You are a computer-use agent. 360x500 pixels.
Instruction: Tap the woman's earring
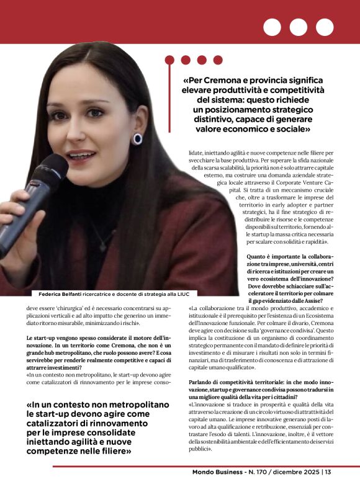138,139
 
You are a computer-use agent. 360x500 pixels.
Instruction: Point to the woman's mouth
81,154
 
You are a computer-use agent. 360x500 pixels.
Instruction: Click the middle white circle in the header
298,27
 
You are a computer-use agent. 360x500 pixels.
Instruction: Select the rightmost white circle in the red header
325,27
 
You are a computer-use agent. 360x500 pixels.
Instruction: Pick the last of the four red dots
218,60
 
